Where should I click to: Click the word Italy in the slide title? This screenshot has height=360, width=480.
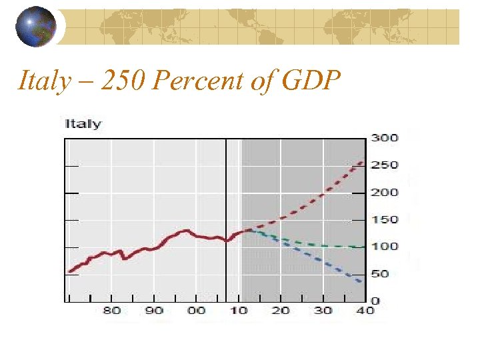[44, 81]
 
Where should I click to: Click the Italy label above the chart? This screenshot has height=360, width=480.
[83, 124]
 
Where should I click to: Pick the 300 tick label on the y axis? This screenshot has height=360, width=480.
[385, 138]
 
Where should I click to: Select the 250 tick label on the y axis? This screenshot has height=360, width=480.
[385, 165]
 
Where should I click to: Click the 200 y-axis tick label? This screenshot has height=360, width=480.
[385, 193]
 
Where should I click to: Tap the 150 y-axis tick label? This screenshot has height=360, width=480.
[385, 220]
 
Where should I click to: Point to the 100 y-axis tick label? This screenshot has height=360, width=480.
[385, 247]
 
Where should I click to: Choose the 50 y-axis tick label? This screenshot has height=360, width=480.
[381, 274]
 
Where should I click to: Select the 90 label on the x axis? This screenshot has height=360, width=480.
[154, 311]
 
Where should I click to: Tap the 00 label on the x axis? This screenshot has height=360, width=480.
[197, 311]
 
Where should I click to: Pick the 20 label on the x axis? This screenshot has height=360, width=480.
[281, 311]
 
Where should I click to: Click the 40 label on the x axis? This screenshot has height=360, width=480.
[363, 311]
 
